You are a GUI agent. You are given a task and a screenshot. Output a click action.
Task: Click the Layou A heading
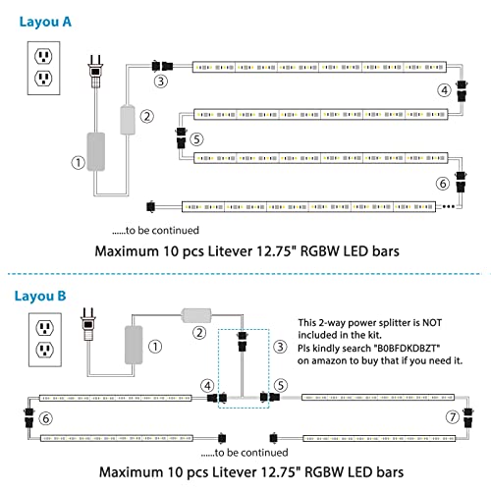click(45, 23)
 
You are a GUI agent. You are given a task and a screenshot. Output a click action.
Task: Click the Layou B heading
click(40, 297)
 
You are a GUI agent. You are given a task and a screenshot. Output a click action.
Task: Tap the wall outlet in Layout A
click(43, 68)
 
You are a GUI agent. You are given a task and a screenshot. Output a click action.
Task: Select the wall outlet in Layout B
click(45, 340)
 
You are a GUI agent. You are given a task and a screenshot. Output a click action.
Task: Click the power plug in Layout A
click(95, 71)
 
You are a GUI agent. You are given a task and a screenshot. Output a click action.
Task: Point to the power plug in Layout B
click(88, 324)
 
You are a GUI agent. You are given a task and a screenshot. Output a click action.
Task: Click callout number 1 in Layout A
click(79, 162)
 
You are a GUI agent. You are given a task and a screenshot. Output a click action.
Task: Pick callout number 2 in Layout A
click(147, 116)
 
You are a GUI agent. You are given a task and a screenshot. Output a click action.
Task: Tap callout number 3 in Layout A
click(161, 81)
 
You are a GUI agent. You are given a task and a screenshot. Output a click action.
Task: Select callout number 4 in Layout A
click(445, 90)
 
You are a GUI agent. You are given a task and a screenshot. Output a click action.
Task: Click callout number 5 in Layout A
click(196, 139)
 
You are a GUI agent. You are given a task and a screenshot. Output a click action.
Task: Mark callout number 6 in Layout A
click(443, 184)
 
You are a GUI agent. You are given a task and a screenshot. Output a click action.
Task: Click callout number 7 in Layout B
click(453, 417)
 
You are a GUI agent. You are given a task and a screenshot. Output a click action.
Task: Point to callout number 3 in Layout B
click(281, 347)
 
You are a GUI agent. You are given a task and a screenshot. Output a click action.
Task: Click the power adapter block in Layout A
click(96, 151)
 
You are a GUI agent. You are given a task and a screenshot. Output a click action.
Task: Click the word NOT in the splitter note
click(432, 323)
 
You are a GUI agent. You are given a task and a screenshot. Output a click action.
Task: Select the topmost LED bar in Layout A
click(319, 67)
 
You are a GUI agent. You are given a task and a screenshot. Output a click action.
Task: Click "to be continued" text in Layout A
click(155, 231)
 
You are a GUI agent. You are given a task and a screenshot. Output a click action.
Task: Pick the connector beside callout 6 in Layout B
click(29, 418)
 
